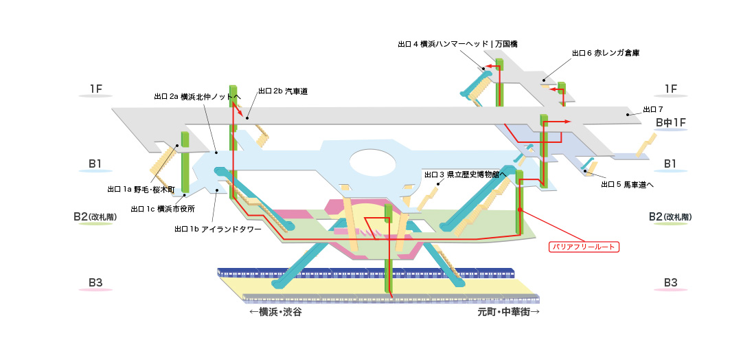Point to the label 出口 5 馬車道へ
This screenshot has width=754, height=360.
point(627,184)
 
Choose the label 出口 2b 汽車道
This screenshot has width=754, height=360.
point(282,91)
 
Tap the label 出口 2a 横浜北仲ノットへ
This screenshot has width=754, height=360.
point(196,98)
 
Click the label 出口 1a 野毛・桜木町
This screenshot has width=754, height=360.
point(141,188)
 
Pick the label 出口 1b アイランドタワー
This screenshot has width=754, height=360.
point(218,229)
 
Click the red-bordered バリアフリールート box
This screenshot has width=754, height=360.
point(584,246)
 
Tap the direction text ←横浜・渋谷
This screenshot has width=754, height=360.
point(275,311)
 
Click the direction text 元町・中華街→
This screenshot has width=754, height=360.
point(509,311)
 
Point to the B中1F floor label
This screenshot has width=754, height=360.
point(671,122)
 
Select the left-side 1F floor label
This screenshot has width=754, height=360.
point(95,89)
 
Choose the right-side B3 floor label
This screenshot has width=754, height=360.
point(671,282)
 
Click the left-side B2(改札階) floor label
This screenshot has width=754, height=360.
point(95,216)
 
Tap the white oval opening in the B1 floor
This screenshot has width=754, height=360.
point(372,164)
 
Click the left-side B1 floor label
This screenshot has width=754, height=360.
point(95,164)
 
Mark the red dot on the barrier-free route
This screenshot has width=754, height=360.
point(520,210)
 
